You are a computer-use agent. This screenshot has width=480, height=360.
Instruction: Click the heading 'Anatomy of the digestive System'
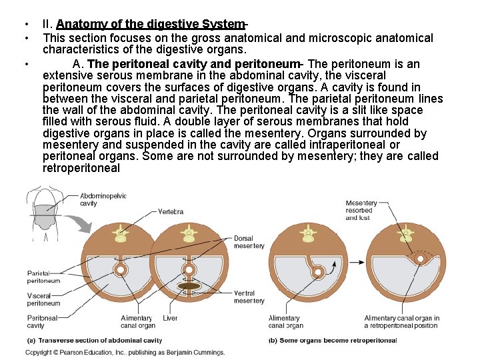point(151,25)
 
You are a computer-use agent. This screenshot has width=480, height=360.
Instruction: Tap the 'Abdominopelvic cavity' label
point(103,199)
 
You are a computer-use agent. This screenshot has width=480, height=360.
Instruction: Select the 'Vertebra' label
point(171,212)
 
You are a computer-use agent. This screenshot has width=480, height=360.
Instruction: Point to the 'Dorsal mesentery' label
point(249,242)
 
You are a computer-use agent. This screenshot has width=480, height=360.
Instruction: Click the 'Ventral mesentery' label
point(249,297)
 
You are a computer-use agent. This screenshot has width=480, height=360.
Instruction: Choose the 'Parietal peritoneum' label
point(43,277)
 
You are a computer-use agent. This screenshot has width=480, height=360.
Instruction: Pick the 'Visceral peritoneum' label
point(43,299)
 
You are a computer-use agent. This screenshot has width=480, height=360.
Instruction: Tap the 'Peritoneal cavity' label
point(41,321)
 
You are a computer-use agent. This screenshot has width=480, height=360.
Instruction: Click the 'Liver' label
point(170,318)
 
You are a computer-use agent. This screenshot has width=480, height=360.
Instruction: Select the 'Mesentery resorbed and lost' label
point(361,210)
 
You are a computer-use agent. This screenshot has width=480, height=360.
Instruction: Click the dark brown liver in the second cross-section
point(189,286)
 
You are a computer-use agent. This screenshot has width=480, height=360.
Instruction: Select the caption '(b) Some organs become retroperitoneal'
point(332,340)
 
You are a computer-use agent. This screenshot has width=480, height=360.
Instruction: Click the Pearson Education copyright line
point(125,351)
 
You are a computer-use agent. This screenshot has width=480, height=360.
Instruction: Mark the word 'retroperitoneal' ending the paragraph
point(81,168)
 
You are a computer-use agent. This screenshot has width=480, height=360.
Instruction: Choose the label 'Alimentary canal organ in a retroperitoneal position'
point(401,321)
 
